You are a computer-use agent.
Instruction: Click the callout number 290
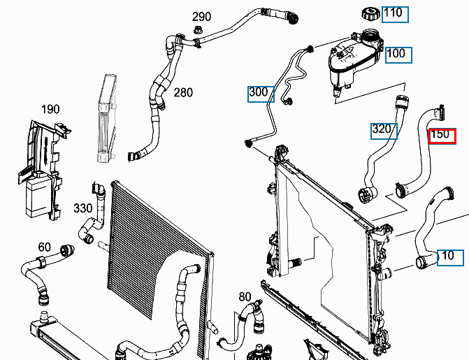click(201, 17)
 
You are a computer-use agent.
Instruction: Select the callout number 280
click(183, 92)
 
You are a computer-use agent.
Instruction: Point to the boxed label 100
click(396, 53)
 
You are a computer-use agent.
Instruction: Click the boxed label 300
click(259, 92)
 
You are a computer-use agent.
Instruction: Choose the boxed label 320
click(382, 129)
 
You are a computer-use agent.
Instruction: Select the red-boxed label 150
click(441, 135)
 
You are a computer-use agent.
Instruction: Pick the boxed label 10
click(449, 256)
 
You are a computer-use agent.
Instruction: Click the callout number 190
click(50, 109)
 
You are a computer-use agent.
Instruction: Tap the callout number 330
click(83, 208)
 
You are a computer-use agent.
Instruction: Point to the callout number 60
click(44, 246)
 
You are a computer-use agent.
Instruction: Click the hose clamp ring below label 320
click(364, 195)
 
